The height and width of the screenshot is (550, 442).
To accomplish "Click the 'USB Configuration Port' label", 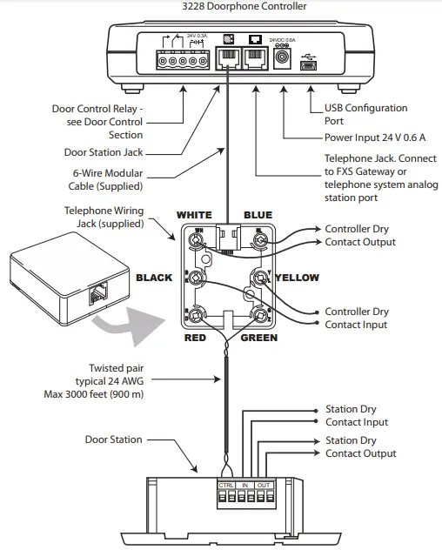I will (365, 114).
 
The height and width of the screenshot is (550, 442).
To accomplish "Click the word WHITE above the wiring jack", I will (194, 215).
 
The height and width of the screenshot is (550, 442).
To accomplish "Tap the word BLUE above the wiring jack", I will (258, 215).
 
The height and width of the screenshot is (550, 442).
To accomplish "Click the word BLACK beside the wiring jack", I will (154, 278).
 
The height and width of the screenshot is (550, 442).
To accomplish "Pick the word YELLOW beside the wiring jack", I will (298, 278).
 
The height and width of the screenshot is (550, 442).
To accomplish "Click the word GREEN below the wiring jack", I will (258, 337).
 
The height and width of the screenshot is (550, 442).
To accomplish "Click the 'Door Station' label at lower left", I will (113, 439).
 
